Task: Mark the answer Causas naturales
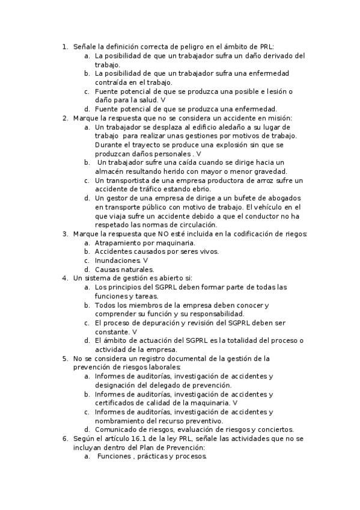coord(115,269)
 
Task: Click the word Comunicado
coord(119,429)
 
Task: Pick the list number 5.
coord(66,358)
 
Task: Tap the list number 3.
coord(66,234)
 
